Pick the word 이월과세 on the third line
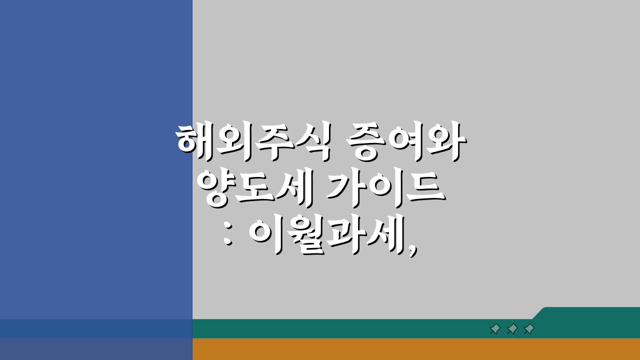[x=327, y=235]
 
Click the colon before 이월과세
[x=228, y=235]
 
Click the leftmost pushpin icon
[x=495, y=329]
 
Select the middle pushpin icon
[x=512, y=329]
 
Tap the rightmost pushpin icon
[x=529, y=329]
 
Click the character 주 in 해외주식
[x=273, y=142]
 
